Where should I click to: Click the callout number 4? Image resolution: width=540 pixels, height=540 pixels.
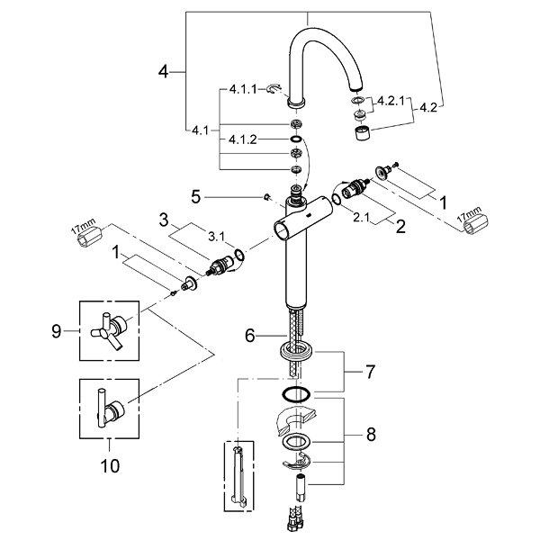163,72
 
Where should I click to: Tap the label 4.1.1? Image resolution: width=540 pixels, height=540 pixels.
243,89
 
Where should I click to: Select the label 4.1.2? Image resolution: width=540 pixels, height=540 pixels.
243,139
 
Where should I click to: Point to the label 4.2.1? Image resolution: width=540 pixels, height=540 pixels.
391,101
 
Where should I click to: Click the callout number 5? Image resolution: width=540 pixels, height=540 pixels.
195,197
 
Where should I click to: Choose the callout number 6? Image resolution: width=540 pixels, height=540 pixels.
249,335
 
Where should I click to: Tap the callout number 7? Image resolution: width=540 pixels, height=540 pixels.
370,372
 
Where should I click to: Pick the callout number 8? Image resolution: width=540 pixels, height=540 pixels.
371,435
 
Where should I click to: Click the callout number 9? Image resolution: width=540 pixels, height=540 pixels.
56,331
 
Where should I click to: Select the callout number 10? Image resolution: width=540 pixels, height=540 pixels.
110,466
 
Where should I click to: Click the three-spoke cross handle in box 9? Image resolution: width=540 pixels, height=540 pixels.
108,331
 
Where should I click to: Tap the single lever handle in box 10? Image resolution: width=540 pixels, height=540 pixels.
110,408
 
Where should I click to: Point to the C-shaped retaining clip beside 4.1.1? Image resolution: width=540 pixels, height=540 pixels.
274,89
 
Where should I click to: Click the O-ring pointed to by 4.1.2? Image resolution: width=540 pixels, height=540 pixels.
295,139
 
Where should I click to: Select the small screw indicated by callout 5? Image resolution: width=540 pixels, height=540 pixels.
266,197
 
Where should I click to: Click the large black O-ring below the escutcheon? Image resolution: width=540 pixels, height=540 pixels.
296,394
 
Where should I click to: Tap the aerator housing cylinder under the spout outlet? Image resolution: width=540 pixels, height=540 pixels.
363,133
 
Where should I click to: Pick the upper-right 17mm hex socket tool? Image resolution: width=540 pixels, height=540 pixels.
475,225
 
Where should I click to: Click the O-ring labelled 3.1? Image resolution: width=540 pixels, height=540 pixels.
239,256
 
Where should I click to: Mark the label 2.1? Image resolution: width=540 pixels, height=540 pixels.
361,218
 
